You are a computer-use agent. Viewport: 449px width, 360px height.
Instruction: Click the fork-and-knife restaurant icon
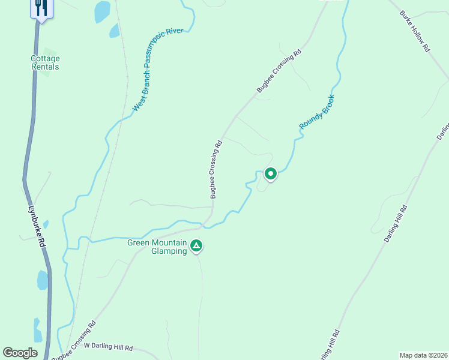[41, 8]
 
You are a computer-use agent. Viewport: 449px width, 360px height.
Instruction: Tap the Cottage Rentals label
[46, 63]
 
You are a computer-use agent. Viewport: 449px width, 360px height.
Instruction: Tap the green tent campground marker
[196, 246]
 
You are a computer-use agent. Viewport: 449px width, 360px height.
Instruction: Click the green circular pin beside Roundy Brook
[270, 174]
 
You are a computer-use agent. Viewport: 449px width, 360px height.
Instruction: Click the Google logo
[20, 353]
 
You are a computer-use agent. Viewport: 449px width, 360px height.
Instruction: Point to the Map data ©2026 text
[424, 355]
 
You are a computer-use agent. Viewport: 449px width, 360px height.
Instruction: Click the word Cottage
[46, 59]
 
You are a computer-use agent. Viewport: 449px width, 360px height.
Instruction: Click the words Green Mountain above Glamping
[157, 243]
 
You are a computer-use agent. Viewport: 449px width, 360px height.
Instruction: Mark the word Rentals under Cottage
[46, 67]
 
